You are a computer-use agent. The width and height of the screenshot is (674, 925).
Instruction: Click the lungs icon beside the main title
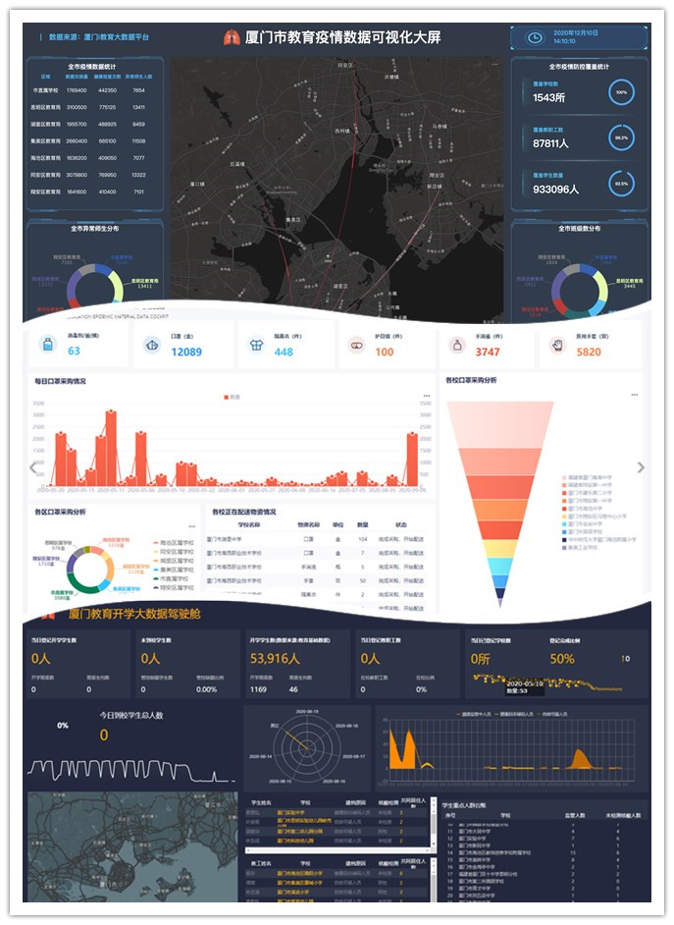click(232, 37)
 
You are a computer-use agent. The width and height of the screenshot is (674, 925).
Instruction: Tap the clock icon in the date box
click(535, 38)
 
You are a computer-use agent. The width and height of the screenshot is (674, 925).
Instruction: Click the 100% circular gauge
click(620, 93)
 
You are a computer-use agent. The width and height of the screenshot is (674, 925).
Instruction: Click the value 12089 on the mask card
click(185, 352)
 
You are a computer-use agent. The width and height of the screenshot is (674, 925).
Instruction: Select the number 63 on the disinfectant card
click(74, 352)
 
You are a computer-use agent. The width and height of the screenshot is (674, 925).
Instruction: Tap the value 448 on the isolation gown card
click(283, 352)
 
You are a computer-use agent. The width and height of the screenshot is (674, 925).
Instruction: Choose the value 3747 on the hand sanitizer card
click(488, 352)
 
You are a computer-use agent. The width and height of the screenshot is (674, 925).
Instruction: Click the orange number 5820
click(589, 352)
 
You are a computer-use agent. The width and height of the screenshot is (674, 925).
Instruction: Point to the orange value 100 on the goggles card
click(384, 352)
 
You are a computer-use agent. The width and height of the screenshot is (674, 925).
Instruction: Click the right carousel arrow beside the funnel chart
click(641, 467)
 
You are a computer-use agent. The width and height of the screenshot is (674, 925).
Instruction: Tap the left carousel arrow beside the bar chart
click(32, 467)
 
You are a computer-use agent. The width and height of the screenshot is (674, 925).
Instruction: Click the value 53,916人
click(283, 658)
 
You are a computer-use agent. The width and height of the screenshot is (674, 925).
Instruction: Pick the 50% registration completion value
click(562, 659)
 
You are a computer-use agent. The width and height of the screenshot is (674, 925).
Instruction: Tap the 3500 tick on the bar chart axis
click(39, 403)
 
